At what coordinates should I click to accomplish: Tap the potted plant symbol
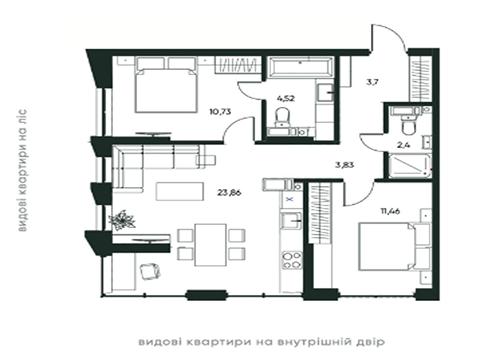pyautogui.click(x=124, y=218)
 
